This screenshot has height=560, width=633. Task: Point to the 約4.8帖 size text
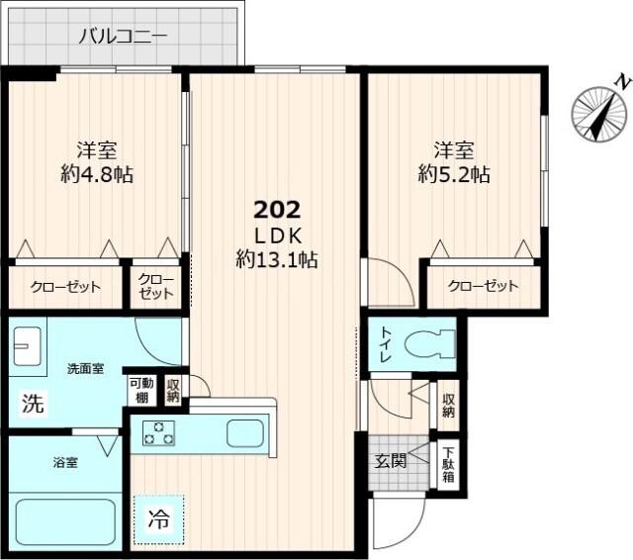click(x=97, y=175)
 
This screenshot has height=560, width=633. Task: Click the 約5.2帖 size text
click(x=454, y=175)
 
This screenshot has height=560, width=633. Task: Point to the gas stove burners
click(x=158, y=432)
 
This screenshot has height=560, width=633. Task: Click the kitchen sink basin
click(x=244, y=432)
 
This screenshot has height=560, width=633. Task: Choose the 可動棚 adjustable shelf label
click(x=139, y=390)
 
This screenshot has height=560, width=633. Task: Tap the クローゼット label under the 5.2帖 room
click(x=483, y=287)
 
